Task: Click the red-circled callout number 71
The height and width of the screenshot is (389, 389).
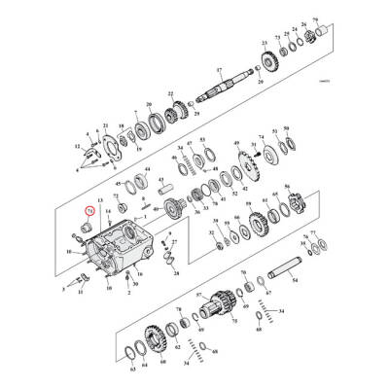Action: coord(89,208)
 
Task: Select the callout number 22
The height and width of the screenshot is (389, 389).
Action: coord(171,93)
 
